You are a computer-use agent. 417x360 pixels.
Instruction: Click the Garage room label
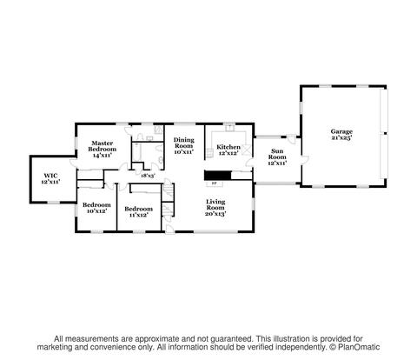pyautogui.click(x=341, y=131)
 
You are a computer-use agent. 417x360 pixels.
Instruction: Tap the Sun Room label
pyautogui.click(x=277, y=154)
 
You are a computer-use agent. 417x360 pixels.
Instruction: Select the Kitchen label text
pyautogui.click(x=228, y=147)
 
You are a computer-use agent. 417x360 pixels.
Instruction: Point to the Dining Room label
pyautogui.click(x=184, y=143)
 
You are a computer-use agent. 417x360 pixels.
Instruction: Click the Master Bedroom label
pyautogui.click(x=103, y=146)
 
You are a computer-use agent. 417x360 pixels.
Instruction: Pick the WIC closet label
pyautogui.click(x=50, y=176)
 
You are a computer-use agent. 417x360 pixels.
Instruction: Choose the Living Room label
pyautogui.click(x=215, y=204)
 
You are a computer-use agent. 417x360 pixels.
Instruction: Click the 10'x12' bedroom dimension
pyautogui.click(x=96, y=211)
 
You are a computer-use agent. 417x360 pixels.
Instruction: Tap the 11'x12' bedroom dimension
pyautogui.click(x=138, y=215)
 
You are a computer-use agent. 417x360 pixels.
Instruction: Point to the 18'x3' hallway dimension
pyautogui.click(x=148, y=176)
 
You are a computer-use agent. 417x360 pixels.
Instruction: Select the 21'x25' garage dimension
pyautogui.click(x=341, y=137)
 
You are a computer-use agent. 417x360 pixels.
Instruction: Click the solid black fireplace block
pyautogui.click(x=218, y=175)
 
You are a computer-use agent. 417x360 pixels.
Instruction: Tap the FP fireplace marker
pyautogui.click(x=215, y=183)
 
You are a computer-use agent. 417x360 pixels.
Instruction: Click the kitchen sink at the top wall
pyautogui.click(x=230, y=128)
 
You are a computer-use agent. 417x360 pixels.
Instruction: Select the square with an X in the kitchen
pyautogui.click(x=246, y=150)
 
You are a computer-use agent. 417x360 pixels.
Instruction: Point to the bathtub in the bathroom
pyautogui.click(x=137, y=152)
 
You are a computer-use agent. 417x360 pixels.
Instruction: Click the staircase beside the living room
pyautogui.click(x=168, y=192)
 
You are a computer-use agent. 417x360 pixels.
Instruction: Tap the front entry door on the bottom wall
pyautogui.click(x=170, y=230)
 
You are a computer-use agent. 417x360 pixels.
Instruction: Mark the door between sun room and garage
pyautogui.click(x=305, y=160)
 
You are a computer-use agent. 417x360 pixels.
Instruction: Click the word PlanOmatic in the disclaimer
pyautogui.click(x=359, y=347)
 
